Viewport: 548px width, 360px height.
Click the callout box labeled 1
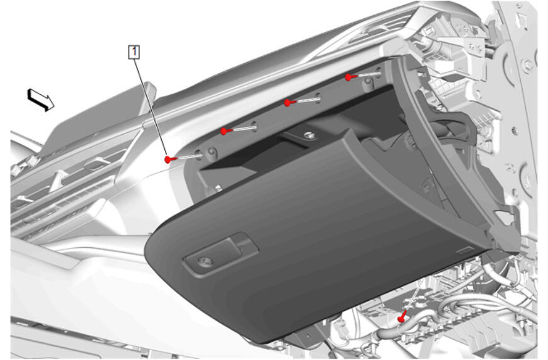pos(134,52)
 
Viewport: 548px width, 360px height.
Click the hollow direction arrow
pos(40,99)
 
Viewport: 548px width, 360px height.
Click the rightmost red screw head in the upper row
pos(349,77)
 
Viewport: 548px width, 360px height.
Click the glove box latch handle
pos(220,254)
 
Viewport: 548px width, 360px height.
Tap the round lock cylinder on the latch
pos(205,261)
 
